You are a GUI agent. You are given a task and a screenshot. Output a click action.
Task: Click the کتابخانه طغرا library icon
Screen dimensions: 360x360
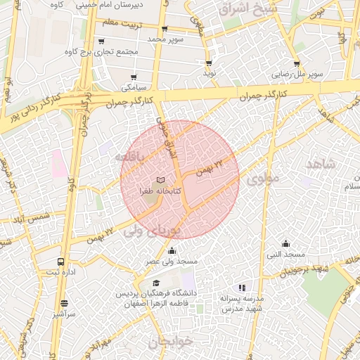161,181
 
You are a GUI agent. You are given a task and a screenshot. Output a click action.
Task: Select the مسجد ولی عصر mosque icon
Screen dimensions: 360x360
172,251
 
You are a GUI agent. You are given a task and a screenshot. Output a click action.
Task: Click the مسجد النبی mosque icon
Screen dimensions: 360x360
285,243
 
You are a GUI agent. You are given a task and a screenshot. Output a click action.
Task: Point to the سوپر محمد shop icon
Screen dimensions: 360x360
165,30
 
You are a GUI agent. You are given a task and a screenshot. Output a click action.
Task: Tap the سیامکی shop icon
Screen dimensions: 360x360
134,77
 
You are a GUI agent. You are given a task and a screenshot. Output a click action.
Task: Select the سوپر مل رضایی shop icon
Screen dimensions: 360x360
297,63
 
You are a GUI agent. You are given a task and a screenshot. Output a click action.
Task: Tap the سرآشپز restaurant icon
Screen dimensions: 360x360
64,304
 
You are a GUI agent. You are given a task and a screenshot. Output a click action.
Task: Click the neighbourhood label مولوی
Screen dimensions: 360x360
264,178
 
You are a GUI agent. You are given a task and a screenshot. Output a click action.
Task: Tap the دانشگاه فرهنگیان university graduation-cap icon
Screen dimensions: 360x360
155,283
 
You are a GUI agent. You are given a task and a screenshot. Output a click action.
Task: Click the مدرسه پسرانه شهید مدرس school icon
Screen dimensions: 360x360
242,288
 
